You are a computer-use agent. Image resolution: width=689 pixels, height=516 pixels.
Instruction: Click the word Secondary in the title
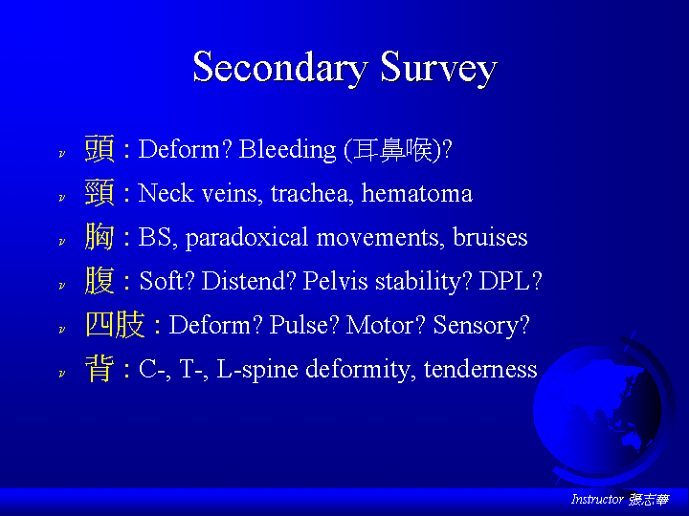pyautogui.click(x=279, y=67)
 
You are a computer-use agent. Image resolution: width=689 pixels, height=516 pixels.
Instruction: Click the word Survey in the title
pyautogui.click(x=438, y=67)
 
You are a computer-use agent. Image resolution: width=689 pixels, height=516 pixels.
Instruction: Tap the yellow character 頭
pyautogui.click(x=100, y=149)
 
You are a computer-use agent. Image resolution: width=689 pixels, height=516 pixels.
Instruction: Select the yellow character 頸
pyautogui.click(x=100, y=193)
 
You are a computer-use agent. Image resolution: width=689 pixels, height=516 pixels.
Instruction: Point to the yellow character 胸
pyautogui.click(x=100, y=237)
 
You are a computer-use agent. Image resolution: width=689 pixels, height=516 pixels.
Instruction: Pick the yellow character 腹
pyautogui.click(x=100, y=280)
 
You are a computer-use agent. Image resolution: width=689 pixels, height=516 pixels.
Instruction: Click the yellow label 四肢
pyautogui.click(x=115, y=325)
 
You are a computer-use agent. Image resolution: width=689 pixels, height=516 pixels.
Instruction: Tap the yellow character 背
pyautogui.click(x=100, y=369)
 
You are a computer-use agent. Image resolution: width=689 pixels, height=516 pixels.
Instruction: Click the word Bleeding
pyautogui.click(x=287, y=150)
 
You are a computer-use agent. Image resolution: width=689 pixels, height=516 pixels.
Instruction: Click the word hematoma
pyautogui.click(x=416, y=193)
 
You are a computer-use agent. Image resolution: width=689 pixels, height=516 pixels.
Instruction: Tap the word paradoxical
pyautogui.click(x=247, y=238)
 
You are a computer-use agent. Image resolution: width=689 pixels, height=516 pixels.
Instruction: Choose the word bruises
pyautogui.click(x=490, y=237)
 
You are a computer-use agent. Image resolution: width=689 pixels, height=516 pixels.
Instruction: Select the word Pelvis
pyautogui.click(x=335, y=281)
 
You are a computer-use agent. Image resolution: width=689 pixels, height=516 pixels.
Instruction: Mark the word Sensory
pyautogui.click(x=477, y=326)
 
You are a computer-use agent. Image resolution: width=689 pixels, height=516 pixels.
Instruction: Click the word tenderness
pyautogui.click(x=480, y=369)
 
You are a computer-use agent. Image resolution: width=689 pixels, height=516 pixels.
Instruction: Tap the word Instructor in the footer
pyautogui.click(x=597, y=499)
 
